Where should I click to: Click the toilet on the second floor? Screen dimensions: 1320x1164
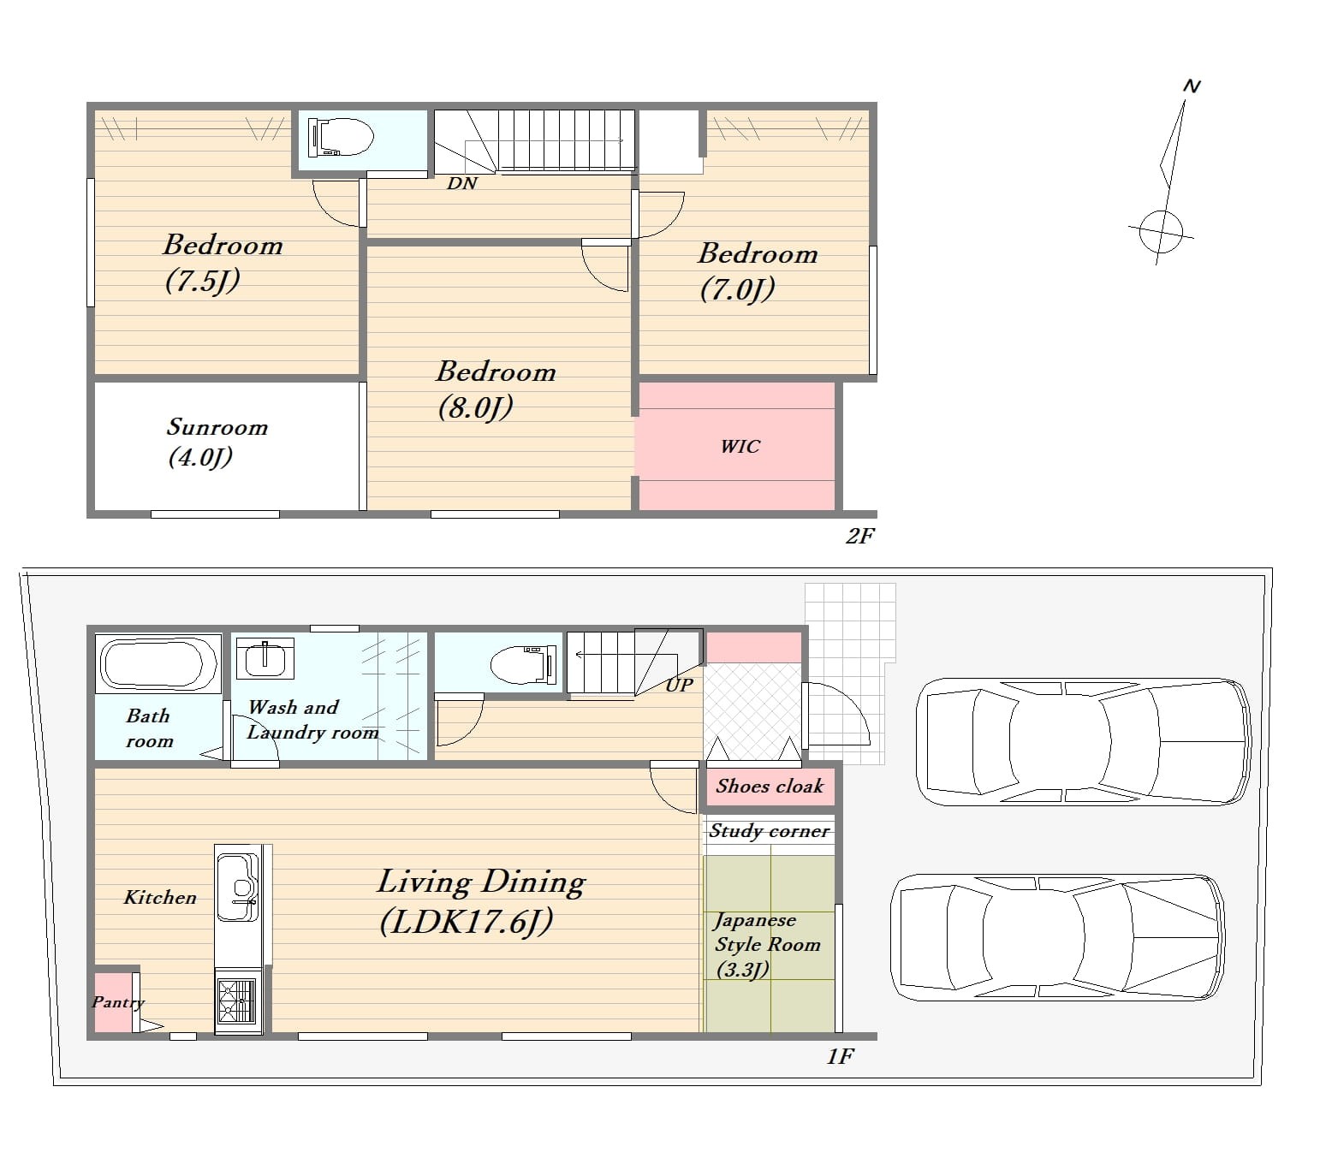click(x=340, y=137)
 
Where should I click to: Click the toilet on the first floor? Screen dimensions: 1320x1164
click(x=522, y=664)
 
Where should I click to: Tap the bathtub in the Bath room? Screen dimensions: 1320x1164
click(x=158, y=664)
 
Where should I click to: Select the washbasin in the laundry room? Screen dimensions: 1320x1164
click(x=265, y=659)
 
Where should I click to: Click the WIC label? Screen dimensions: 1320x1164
click(x=740, y=447)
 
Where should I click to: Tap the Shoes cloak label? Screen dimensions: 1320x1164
click(x=770, y=787)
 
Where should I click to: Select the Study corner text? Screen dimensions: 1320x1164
click(x=769, y=831)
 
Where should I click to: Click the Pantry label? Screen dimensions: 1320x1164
click(x=118, y=1002)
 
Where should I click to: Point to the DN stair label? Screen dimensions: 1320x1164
click(x=462, y=184)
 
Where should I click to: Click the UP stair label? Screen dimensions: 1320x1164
click(x=679, y=685)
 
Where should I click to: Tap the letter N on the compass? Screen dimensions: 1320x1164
click(x=1192, y=86)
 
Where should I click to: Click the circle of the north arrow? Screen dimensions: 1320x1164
click(x=1161, y=232)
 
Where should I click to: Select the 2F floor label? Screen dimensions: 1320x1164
click(x=859, y=536)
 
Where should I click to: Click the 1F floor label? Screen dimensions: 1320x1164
click(x=840, y=1056)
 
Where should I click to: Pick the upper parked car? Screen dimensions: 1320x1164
click(x=1084, y=742)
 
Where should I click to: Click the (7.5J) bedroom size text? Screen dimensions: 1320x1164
click(x=203, y=282)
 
